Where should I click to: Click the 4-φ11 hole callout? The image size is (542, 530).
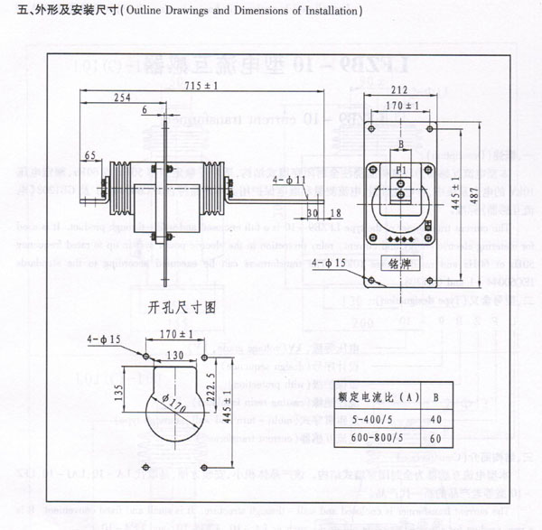pos(292,181)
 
